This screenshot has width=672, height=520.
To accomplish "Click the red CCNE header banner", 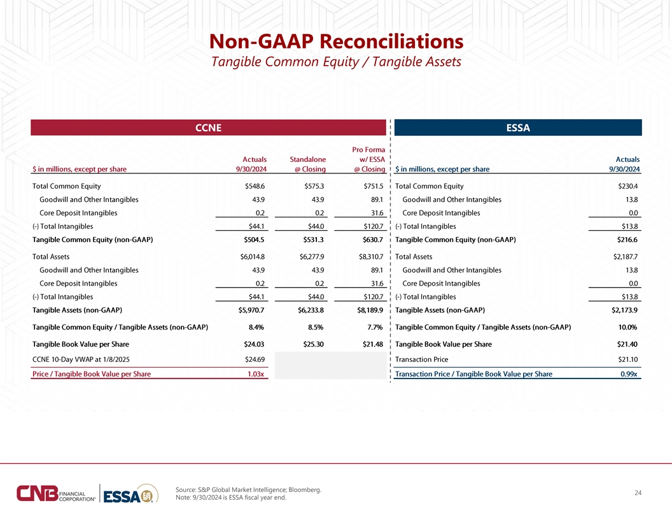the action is pos(208,127).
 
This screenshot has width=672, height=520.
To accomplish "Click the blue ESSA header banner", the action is pos(518,127).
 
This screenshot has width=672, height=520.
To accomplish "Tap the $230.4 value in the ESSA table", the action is pos(628,186).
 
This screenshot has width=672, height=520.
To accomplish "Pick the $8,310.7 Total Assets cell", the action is pos(371,257).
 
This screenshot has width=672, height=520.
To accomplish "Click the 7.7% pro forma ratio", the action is pos(375,327).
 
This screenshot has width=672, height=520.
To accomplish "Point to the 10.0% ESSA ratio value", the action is pos(628,327).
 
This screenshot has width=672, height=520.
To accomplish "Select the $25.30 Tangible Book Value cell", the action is pos(313,344).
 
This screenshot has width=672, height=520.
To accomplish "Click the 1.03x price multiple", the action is pos(256,374).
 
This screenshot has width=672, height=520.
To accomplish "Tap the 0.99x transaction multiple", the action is pos(629,374).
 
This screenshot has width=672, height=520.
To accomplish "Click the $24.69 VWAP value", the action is pos(255,359).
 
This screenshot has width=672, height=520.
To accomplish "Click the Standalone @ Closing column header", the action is pos(308,164).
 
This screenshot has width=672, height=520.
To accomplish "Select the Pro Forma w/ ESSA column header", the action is pos(368,159).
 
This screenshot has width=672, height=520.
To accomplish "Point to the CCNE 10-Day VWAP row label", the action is pos(81,359).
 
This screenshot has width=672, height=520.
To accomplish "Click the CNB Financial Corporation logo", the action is pos(56,493).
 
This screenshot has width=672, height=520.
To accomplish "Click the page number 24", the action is pos(638,493).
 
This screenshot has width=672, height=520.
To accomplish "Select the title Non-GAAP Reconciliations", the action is pos(337,41).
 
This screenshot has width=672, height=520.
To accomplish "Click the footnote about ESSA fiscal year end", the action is pos(231,498).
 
